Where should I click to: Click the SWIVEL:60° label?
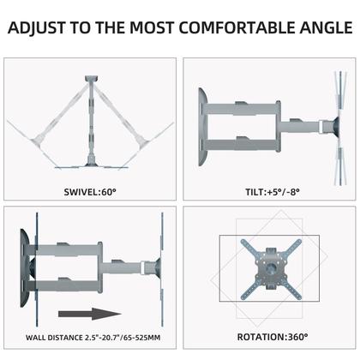coord(92,191)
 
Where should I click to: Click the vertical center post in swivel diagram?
coord(91,120)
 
